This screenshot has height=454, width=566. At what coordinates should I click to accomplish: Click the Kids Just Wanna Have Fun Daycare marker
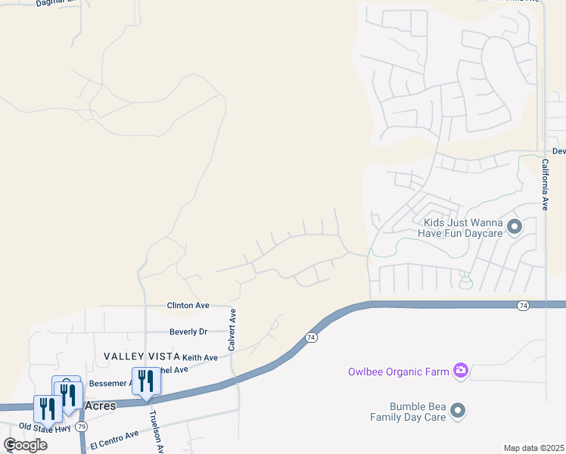pyautogui.click(x=515, y=227)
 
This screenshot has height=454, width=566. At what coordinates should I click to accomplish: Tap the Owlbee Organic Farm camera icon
pyautogui.click(x=460, y=371)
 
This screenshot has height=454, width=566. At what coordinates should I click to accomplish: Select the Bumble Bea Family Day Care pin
pyautogui.click(x=457, y=411)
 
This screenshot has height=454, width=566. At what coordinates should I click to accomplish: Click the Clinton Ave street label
pyautogui.click(x=188, y=306)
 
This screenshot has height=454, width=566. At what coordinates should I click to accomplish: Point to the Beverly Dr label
pyautogui.click(x=188, y=331)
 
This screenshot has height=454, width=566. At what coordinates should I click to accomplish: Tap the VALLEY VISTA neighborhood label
pyautogui.click(x=141, y=356)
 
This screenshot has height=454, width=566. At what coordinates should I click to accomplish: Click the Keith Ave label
pyautogui.click(x=200, y=357)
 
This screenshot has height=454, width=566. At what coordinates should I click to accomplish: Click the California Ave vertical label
pyautogui.click(x=544, y=184)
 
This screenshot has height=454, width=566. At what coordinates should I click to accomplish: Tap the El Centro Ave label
pyautogui.click(x=114, y=438)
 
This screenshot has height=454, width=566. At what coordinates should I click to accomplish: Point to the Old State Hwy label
pyautogui.click(x=45, y=428)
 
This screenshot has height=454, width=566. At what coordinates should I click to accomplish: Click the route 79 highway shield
pyautogui.click(x=82, y=427)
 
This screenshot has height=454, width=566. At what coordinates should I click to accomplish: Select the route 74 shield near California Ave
pyautogui.click(x=523, y=305)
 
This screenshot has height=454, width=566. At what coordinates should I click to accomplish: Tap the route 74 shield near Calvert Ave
pyautogui.click(x=310, y=336)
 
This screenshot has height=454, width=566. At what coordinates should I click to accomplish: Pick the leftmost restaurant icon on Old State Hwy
pyautogui.click(x=47, y=408)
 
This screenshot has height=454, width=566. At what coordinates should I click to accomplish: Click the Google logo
pyautogui.click(x=25, y=445)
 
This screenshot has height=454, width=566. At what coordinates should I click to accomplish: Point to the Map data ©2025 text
pyautogui.click(x=534, y=448)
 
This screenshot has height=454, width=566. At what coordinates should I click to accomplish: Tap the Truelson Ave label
pyautogui.click(x=156, y=432)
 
